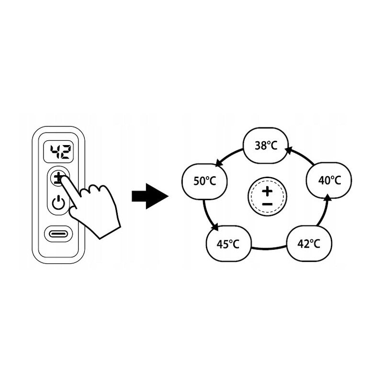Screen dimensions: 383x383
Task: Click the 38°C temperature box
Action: [x=266, y=145]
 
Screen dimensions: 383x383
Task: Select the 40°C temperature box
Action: [x=329, y=180]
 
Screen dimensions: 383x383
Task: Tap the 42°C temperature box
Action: [x=309, y=243]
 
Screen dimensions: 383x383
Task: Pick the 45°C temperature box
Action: [x=228, y=244]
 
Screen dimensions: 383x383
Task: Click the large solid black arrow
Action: [x=150, y=196]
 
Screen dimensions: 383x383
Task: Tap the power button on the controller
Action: [x=58, y=203]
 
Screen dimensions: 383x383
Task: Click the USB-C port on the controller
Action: [x=58, y=234]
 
